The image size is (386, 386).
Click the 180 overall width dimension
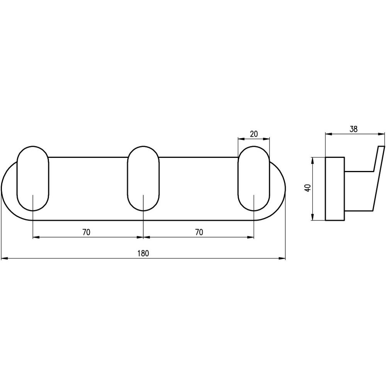[143, 253]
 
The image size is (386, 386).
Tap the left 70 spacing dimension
[86, 232]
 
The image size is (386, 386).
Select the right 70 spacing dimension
[199, 232]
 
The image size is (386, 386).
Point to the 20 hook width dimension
[254, 134]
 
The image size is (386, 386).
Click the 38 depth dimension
[354, 129]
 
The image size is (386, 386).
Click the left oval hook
[33, 178]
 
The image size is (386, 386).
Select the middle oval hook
[143, 178]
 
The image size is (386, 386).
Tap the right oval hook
[254, 178]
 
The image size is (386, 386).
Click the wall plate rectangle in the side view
[335, 189]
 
